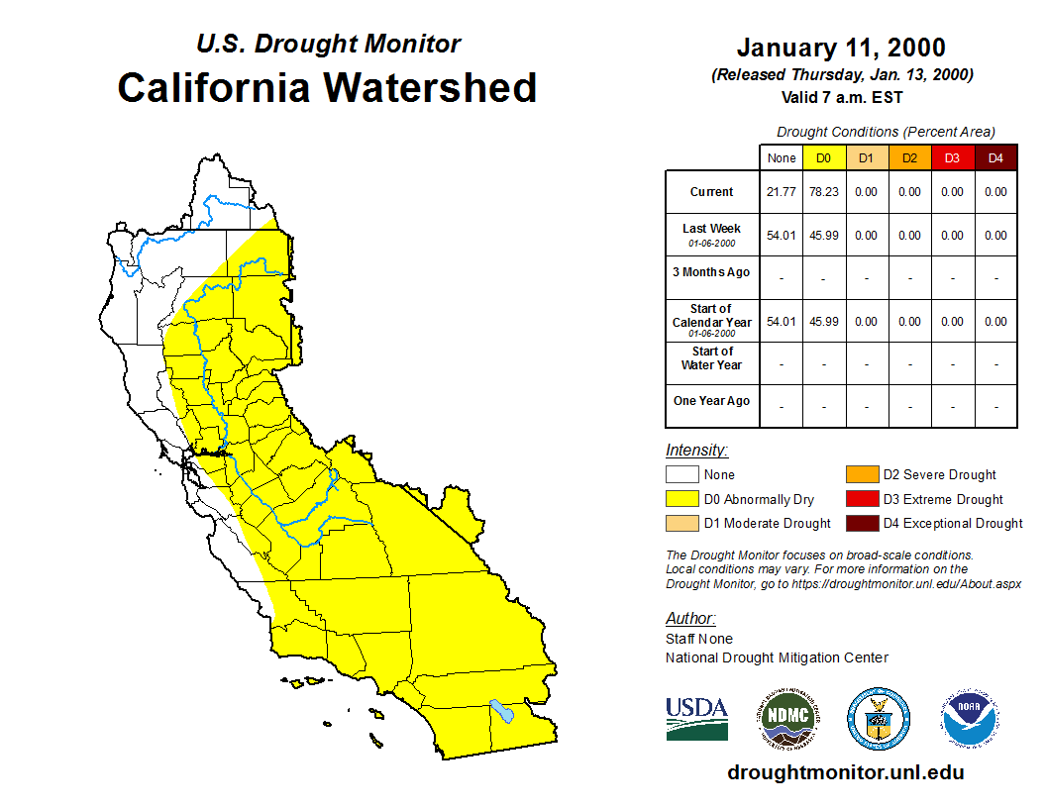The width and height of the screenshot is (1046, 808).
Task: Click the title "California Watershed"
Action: pyautogui.click(x=327, y=87)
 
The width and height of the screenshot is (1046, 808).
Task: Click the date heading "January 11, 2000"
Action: pyautogui.click(x=841, y=48)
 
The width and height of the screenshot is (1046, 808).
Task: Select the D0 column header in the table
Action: pyautogui.click(x=824, y=158)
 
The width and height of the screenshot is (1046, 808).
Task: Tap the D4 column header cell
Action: pyautogui.click(x=995, y=158)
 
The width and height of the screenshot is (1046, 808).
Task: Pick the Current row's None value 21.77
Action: pyautogui.click(x=782, y=192)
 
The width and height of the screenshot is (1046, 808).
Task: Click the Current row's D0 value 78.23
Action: pyautogui.click(x=824, y=192)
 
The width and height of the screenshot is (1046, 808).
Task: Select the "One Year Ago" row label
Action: pyautogui.click(x=712, y=401)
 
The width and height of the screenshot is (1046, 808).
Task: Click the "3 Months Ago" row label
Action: pyautogui.click(x=712, y=272)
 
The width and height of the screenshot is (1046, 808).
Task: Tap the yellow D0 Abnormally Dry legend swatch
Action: pyautogui.click(x=681, y=499)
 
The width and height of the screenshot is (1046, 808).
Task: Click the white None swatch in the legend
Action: pyautogui.click(x=681, y=474)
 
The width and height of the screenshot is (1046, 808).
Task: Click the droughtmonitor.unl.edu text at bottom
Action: pyautogui.click(x=845, y=772)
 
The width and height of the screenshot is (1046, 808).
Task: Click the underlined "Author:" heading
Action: pyautogui.click(x=690, y=619)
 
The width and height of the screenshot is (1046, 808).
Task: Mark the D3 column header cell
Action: pyautogui.click(x=952, y=158)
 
